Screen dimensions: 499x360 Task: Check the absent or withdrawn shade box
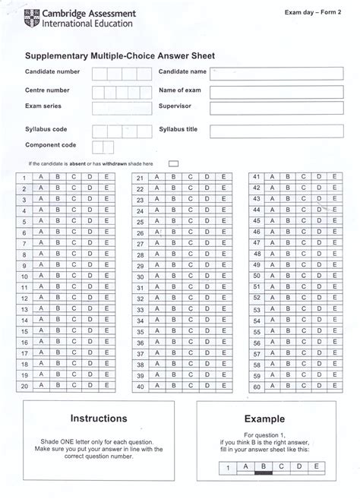point(174,163)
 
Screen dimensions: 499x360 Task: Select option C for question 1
point(74,177)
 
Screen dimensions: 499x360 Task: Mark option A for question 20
point(39,386)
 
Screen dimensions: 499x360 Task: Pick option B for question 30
point(173,277)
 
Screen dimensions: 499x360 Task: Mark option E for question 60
point(336,387)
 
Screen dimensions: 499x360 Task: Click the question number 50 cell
point(257,276)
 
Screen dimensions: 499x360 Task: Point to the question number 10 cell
point(24,276)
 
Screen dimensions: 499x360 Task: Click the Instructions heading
point(99,418)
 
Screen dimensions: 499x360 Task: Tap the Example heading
point(264,418)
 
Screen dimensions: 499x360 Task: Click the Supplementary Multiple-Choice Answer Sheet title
point(120,55)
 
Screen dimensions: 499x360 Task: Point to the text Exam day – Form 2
point(313,12)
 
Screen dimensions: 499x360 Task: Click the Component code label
point(51,144)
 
